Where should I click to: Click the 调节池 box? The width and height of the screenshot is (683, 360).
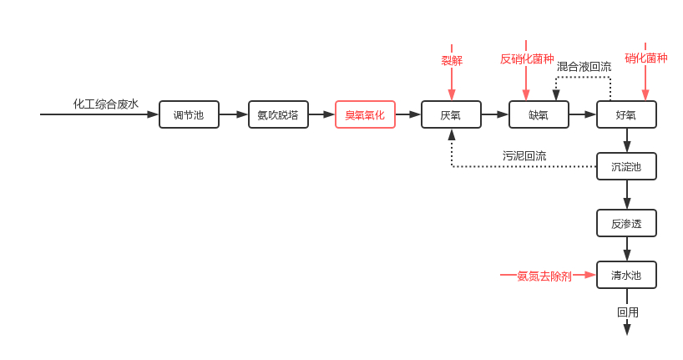tap(189, 114)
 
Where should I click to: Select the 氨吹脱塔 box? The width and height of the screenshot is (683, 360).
tap(278, 114)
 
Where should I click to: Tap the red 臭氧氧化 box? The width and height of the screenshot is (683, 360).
tap(365, 114)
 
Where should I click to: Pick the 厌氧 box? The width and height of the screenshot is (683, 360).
tap(451, 114)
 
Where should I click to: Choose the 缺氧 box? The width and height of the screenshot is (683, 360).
tap(539, 114)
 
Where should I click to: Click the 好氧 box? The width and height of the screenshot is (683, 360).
tap(626, 114)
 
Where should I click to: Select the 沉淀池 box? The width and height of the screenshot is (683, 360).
tap(626, 166)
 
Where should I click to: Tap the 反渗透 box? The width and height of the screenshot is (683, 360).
tap(626, 223)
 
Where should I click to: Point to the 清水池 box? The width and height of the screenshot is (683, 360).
tap(626, 275)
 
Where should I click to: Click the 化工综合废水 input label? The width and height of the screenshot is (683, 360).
tap(106, 104)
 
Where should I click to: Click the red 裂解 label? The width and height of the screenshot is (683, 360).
tap(452, 60)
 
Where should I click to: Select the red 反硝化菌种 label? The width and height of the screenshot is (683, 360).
tap(527, 58)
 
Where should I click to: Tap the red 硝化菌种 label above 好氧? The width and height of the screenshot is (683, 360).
tap(646, 58)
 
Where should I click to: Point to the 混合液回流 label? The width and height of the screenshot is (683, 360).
tap(584, 66)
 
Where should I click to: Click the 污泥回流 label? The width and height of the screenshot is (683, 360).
tap(524, 155)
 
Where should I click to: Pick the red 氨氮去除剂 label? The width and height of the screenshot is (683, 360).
tap(544, 276)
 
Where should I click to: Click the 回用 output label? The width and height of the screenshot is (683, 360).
tap(628, 312)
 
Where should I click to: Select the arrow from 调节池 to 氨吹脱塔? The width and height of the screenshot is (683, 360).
tap(234, 114)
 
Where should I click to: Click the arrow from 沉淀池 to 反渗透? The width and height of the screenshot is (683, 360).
tap(627, 195)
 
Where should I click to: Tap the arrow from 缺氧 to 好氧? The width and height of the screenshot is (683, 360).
tap(583, 114)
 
